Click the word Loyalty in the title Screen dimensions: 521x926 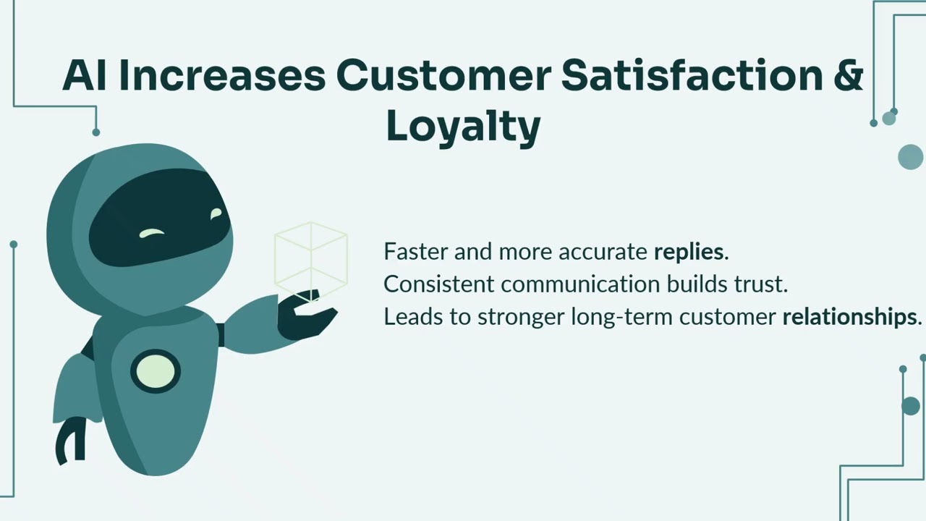click(x=463, y=127)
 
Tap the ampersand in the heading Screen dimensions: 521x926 click(x=849, y=75)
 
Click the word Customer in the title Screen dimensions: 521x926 click(x=443, y=75)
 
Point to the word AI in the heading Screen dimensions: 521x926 click(x=85, y=75)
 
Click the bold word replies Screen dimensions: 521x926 click(x=689, y=252)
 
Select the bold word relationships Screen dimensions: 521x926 click(x=849, y=317)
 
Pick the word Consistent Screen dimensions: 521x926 click(x=438, y=284)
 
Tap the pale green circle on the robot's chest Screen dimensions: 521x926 click(x=156, y=372)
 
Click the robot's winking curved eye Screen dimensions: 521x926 click(x=152, y=233)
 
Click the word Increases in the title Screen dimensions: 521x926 click(x=221, y=75)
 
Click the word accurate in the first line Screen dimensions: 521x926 click(x=603, y=252)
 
